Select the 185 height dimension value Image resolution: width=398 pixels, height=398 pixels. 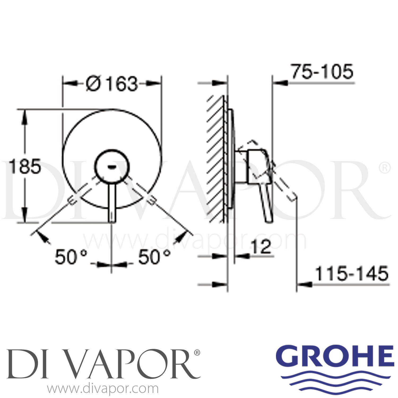(x=25, y=167)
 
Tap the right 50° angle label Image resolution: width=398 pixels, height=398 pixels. (x=154, y=257)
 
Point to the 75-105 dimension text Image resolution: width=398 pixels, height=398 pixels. (x=322, y=72)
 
